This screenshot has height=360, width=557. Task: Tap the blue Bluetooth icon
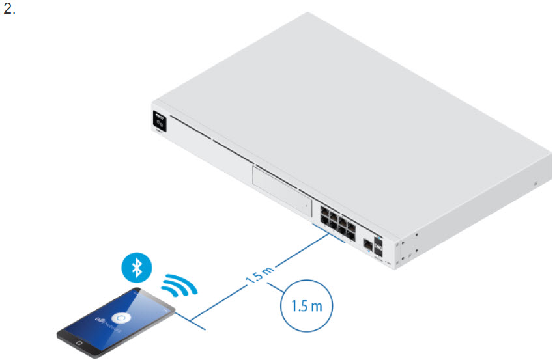pos(136,267)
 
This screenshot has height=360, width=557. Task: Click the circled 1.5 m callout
pos(306,305)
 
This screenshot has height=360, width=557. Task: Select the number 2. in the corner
pos(9,10)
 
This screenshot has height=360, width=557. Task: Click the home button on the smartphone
pos(78,342)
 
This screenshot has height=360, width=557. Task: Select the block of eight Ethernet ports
pos(337,220)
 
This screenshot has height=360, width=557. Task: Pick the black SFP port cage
pos(379,242)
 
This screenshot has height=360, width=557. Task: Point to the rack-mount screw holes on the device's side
pos(407,244)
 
